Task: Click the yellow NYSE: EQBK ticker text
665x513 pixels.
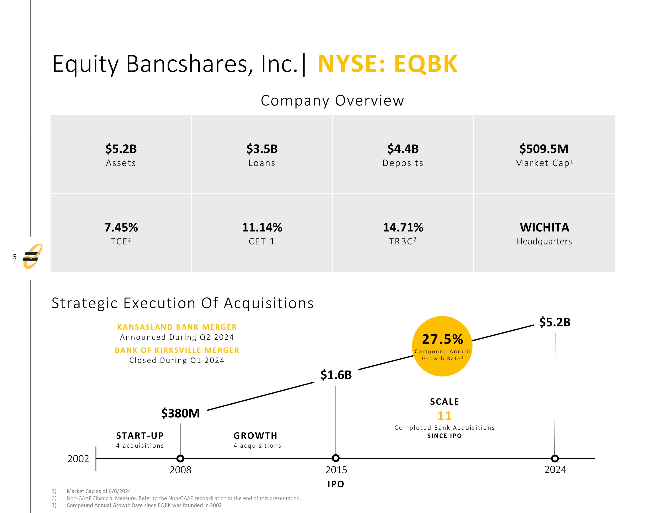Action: tap(387, 64)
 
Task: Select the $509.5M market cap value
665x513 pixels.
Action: tap(544, 149)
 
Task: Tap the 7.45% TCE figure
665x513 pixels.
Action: tap(121, 227)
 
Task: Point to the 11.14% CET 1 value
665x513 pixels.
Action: tap(262, 227)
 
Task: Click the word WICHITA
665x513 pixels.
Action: tap(544, 227)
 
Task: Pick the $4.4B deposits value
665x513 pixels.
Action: tap(403, 149)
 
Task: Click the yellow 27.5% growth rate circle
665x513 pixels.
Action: tap(442, 346)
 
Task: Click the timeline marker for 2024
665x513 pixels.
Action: tap(555, 458)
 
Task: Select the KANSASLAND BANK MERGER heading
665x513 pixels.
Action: tap(177, 327)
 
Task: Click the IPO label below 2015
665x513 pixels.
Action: tap(336, 484)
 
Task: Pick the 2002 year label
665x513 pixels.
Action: tap(78, 459)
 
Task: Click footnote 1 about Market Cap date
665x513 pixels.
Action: tap(99, 491)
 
